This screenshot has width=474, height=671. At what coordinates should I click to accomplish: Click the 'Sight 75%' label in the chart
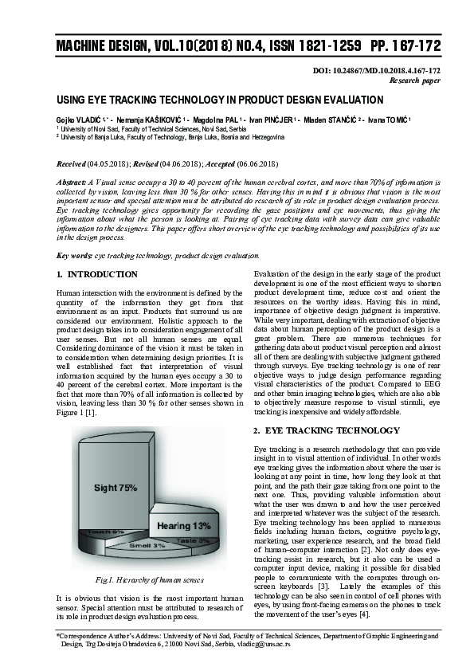(116, 487)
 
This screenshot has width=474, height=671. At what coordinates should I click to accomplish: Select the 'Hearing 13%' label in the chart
(183, 526)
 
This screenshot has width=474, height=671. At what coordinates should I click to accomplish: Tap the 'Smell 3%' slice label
(147, 545)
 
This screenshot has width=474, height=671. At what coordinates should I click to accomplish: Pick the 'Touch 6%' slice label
(106, 532)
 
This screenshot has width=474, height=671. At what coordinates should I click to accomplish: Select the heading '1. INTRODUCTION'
(98, 275)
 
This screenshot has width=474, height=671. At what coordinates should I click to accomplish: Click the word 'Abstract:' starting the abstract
(74, 182)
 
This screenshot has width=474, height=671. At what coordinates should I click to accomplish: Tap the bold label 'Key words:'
(74, 256)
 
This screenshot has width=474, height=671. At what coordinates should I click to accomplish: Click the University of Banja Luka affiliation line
(170, 137)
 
